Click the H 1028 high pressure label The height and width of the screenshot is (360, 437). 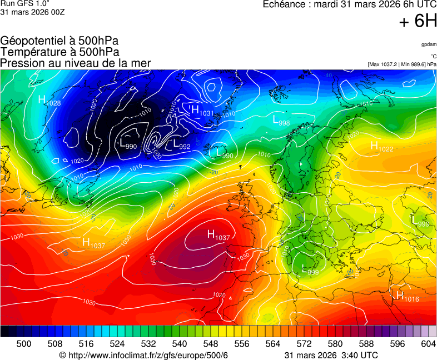click(x=49, y=101)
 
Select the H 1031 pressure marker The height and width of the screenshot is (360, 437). click(x=202, y=111)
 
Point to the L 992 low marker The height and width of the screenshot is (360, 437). click(x=182, y=144)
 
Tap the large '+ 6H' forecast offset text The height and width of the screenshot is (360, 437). click(x=418, y=21)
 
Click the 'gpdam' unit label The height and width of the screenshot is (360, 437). click(x=428, y=44)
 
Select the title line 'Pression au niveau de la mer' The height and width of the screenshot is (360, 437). click(x=76, y=63)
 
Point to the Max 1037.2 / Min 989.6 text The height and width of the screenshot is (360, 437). click(x=401, y=64)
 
